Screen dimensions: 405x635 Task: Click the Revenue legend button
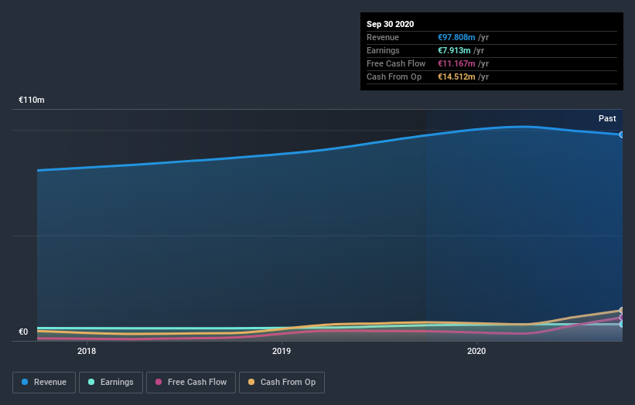(44, 382)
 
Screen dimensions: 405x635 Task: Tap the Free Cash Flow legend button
(191, 382)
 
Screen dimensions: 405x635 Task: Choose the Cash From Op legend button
(282, 382)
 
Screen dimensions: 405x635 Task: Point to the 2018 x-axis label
(87, 351)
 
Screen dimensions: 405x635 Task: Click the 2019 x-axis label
(282, 351)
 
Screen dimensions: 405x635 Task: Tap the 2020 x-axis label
(476, 351)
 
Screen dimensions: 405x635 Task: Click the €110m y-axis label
(32, 100)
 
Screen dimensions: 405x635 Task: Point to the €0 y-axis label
(23, 332)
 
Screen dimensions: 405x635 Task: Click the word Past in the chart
(607, 118)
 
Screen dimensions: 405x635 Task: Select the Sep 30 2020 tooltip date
(390, 24)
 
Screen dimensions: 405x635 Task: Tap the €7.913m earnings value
(454, 50)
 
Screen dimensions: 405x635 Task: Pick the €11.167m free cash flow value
(457, 63)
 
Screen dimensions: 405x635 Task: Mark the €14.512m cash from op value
(457, 77)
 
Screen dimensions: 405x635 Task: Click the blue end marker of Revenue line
(621, 134)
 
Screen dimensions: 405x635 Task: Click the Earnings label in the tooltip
(383, 50)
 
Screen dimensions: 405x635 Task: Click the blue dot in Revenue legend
(26, 382)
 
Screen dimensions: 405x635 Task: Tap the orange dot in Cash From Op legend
(252, 382)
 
